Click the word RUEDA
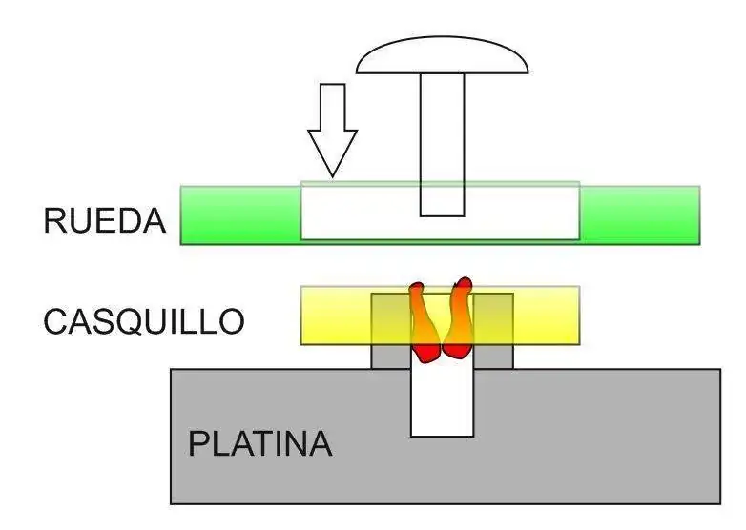104,220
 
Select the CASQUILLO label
144,321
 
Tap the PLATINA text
259,443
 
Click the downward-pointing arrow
333,131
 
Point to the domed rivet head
442,55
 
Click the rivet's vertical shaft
442,145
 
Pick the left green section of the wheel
240,215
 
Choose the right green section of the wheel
639,215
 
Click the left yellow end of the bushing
336,316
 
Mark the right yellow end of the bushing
547,316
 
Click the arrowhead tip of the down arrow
333,177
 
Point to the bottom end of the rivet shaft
442,216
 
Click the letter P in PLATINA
197,443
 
